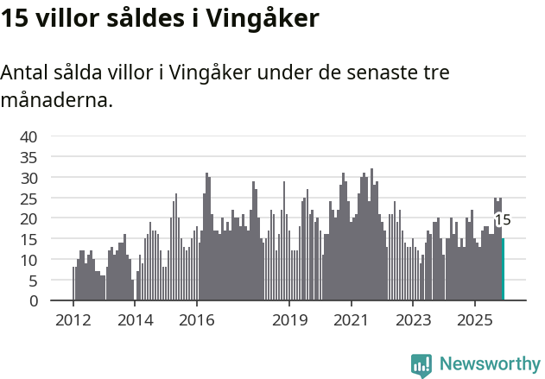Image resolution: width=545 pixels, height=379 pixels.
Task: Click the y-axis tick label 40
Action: pyautogui.click(x=29, y=136)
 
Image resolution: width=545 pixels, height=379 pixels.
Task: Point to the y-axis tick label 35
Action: pyautogui.click(x=29, y=157)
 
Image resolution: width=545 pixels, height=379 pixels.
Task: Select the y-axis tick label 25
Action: pyautogui.click(x=29, y=198)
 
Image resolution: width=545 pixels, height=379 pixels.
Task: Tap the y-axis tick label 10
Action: pyautogui.click(x=29, y=260)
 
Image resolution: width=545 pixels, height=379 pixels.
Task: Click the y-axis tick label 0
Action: pyautogui.click(x=33, y=301)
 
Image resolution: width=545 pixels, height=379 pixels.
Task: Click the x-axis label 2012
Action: pyautogui.click(x=73, y=320)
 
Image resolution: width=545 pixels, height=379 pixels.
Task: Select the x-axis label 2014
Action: pyautogui.click(x=135, y=320)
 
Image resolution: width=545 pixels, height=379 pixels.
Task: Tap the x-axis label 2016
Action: pyautogui.click(x=197, y=320)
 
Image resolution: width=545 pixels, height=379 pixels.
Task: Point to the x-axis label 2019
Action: pyautogui.click(x=289, y=320)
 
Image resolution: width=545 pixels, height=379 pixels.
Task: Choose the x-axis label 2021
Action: pyautogui.click(x=352, y=320)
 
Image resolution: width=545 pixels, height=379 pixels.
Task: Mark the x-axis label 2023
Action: pyautogui.click(x=413, y=320)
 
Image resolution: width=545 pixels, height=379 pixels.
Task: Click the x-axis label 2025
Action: pyautogui.click(x=475, y=320)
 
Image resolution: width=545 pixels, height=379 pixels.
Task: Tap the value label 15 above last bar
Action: pyautogui.click(x=503, y=220)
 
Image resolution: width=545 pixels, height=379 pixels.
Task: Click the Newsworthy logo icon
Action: pyautogui.click(x=421, y=364)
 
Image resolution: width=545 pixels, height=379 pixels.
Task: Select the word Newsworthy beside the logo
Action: pyautogui.click(x=489, y=364)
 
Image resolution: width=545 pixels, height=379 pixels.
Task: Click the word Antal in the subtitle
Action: pyautogui.click(x=25, y=73)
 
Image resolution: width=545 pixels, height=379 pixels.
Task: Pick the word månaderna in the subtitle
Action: pyautogui.click(x=56, y=100)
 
